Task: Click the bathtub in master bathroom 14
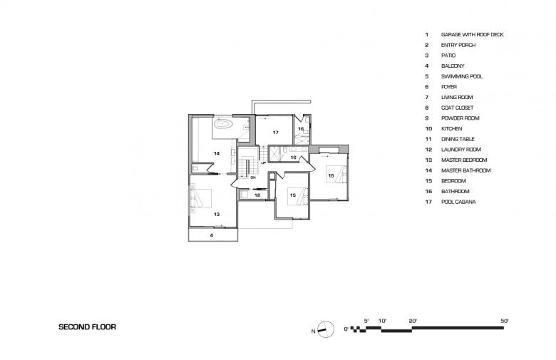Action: coord(223,125)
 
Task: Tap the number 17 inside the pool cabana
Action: coord(276,133)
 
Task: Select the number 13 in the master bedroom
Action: coord(217,215)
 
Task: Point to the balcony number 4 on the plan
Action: coord(212,235)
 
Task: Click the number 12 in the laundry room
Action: coord(257,195)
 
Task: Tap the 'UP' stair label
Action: coord(264,163)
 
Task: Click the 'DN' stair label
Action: coord(253,177)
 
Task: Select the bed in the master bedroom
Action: coord(201,198)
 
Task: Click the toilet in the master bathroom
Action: coord(195,168)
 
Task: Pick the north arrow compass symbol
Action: coord(326,329)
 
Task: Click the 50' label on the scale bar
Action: coord(504,321)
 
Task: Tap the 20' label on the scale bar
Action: coord(413,321)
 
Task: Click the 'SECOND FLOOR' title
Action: coord(87,327)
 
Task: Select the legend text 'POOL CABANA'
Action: coord(458,202)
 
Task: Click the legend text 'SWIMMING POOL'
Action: coord(462,76)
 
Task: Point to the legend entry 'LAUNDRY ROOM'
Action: coord(461,150)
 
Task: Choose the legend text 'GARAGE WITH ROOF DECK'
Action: coord(473,34)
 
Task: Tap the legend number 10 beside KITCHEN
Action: coord(428,129)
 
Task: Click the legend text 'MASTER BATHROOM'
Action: coord(466,170)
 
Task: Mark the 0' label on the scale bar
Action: coord(346,329)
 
